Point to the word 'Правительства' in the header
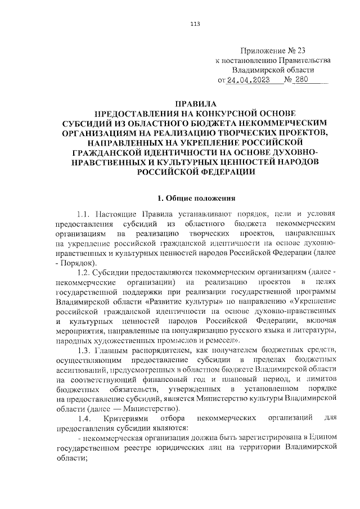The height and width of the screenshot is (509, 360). [302, 60]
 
